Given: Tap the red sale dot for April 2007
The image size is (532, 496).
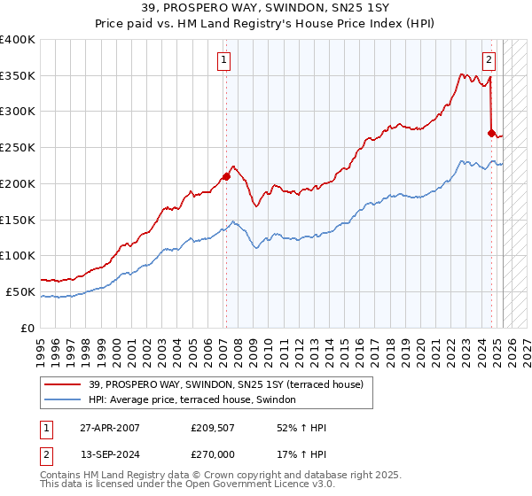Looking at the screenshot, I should (x=226, y=175).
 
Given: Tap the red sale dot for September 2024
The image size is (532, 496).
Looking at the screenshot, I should (x=491, y=133).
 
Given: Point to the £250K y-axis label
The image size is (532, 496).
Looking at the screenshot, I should (x=18, y=147).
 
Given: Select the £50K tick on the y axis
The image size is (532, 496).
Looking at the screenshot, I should (x=21, y=291).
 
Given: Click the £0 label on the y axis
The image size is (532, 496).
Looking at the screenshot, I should (x=28, y=328).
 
